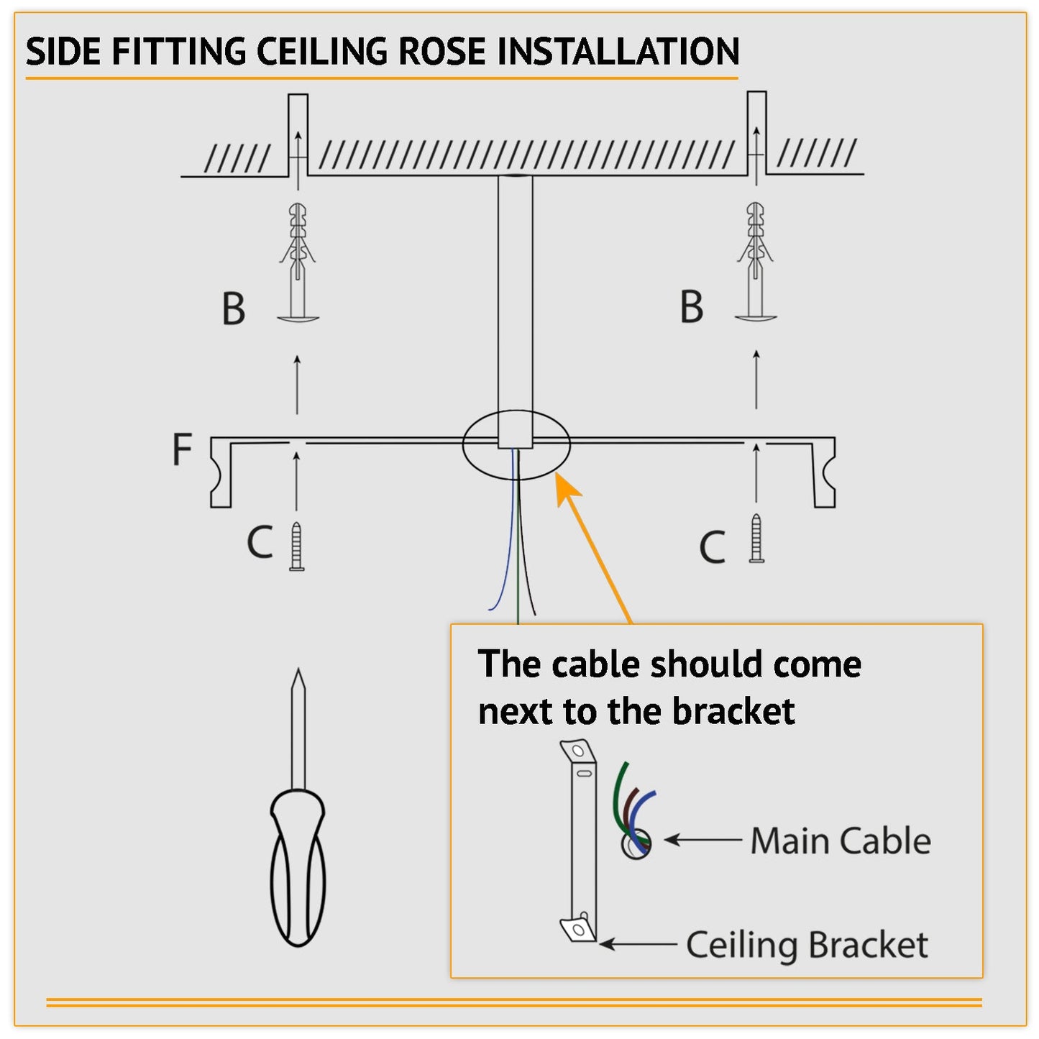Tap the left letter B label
(233, 309)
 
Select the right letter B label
(691, 307)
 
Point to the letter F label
(182, 449)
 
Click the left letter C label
(260, 542)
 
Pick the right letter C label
(712, 547)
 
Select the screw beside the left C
(297, 547)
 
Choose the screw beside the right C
(756, 538)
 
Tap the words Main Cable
(840, 841)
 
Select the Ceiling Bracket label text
(807, 945)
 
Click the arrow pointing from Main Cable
(702, 839)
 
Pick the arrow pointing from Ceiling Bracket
(637, 943)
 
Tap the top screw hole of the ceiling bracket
(577, 751)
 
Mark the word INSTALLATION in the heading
(618, 52)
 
